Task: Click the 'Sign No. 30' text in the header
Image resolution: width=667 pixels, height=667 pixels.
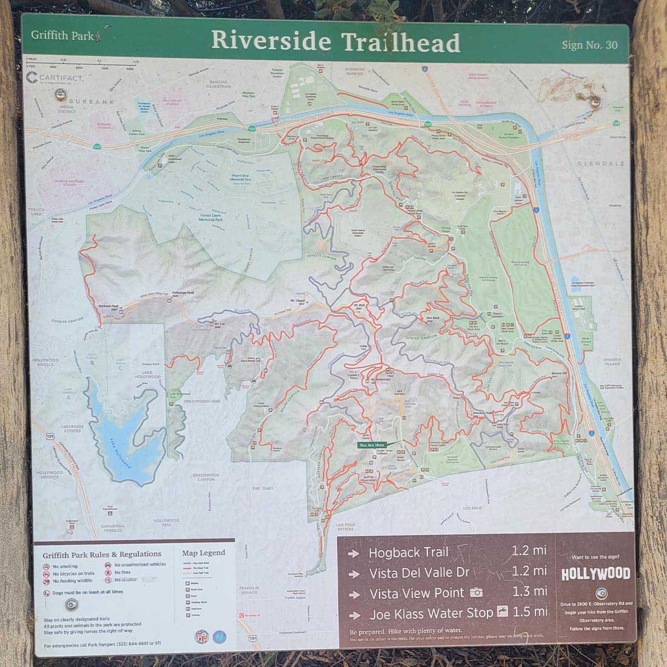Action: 589,45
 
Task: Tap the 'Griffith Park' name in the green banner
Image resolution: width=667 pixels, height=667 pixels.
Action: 62,35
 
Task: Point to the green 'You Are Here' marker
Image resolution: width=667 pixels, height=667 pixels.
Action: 371,444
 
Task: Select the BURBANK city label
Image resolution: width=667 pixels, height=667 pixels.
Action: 91,102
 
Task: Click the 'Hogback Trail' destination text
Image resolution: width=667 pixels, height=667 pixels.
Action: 408,552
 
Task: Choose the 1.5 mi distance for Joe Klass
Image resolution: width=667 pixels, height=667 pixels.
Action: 529,612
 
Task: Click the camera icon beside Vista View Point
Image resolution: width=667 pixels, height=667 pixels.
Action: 477,592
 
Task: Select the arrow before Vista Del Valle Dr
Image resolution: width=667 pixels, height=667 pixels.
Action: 354,573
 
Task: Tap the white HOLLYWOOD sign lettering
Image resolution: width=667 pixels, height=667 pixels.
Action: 595,574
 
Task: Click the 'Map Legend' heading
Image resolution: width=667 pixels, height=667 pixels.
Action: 203,552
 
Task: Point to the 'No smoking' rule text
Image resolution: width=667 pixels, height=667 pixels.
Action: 65,565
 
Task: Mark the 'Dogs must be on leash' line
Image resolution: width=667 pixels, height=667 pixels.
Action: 87,592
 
